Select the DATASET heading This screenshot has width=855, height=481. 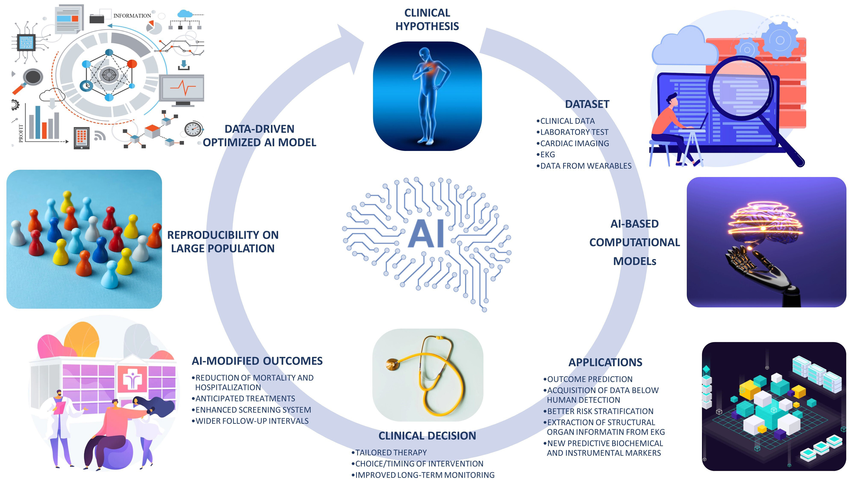[x=587, y=104]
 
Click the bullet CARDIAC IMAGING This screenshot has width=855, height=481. [x=574, y=143]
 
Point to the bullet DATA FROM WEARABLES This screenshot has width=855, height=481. [x=585, y=166]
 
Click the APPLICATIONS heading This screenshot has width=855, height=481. [x=605, y=362]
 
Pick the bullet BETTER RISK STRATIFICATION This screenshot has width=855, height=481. [x=600, y=411]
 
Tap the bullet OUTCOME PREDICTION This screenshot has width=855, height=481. [x=590, y=379]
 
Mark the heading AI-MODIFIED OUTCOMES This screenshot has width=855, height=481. [x=257, y=361]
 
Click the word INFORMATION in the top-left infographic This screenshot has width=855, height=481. [x=132, y=16]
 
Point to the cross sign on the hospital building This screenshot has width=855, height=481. [x=133, y=380]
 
